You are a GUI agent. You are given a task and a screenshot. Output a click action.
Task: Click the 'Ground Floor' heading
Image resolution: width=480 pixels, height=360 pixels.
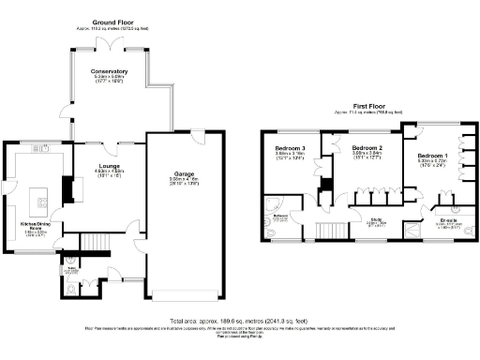tap(112, 21)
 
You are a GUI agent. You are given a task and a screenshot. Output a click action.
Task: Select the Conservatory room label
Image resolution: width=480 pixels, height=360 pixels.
tap(109, 71)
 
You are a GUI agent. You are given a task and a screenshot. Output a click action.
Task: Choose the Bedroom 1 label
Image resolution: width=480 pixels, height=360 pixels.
tap(432, 155)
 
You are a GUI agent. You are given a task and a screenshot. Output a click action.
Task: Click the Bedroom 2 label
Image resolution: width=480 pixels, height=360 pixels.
tap(367, 149)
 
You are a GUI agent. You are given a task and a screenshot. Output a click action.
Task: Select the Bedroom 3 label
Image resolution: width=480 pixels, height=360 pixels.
tap(290, 149)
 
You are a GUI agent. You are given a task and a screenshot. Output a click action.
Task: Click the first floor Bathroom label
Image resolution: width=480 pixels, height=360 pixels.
tap(280, 216)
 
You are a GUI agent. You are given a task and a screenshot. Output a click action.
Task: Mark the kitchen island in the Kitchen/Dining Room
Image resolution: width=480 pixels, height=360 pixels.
tap(38, 199)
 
